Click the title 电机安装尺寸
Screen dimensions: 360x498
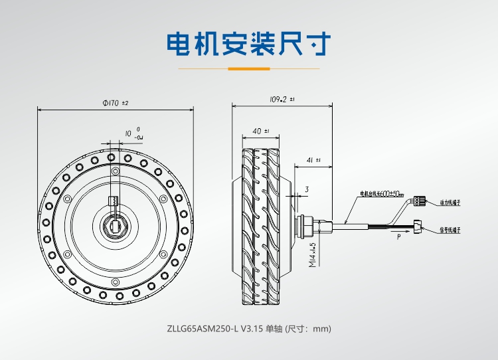coord(248,45)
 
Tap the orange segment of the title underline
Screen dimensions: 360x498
coord(248,68)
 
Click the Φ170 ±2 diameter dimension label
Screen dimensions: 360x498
coord(115,103)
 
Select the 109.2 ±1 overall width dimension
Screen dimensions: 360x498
coord(282,99)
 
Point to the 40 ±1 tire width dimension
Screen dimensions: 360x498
coord(261,131)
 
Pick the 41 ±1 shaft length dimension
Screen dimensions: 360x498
coord(314,160)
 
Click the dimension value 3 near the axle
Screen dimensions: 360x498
coord(307,190)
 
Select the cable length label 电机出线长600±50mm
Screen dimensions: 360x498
coord(382,195)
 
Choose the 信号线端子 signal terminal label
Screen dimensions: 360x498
coord(450,230)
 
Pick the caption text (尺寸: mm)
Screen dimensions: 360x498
coord(307,329)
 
